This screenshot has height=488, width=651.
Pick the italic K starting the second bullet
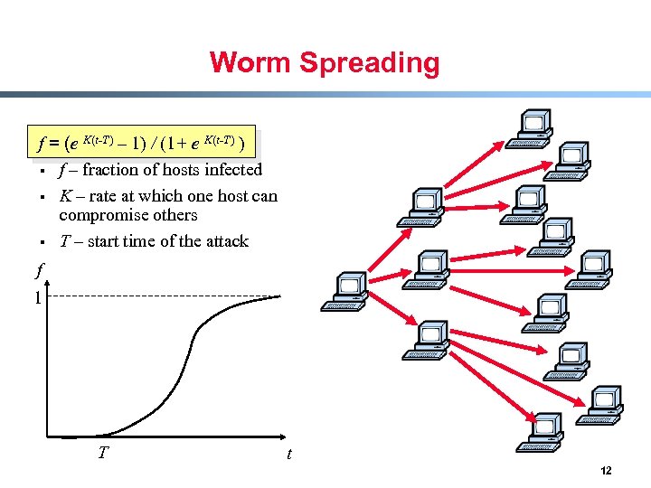[x=66, y=196]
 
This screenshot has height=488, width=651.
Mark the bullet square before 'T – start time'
[x=42, y=242]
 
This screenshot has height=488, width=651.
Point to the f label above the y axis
[x=38, y=268]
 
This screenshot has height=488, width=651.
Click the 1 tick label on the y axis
[x=37, y=297]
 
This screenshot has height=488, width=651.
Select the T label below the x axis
[x=104, y=450]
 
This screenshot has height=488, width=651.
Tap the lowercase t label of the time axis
[x=289, y=454]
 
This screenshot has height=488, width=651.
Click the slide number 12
[x=606, y=471]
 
